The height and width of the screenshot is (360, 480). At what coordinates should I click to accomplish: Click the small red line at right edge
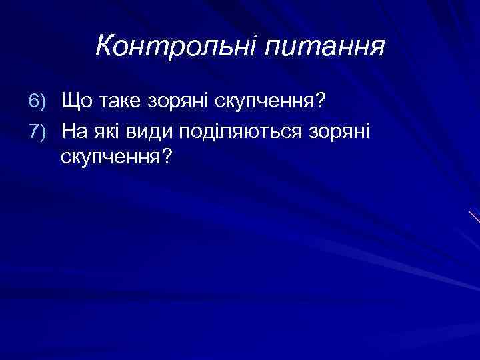474,217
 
